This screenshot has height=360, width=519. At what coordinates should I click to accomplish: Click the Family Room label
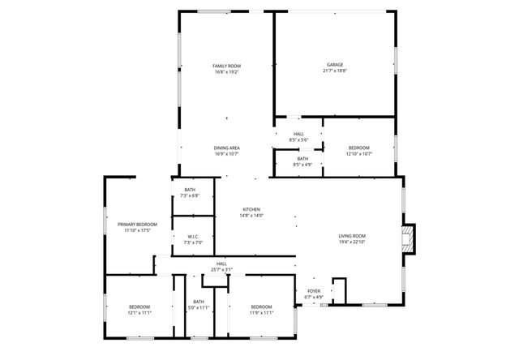[x=227, y=66]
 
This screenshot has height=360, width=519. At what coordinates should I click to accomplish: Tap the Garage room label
[x=335, y=65]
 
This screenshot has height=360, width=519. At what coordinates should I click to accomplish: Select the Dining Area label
[x=227, y=148]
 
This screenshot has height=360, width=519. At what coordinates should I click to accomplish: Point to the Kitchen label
[x=251, y=209]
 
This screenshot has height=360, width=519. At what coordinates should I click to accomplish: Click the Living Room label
[x=352, y=236]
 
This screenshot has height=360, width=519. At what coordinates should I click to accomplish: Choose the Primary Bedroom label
[x=137, y=224]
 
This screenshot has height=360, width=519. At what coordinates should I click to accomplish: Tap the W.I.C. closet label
[x=193, y=237]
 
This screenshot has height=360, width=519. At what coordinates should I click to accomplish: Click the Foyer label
[x=314, y=291]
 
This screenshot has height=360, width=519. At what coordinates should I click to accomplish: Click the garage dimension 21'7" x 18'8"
[x=335, y=71]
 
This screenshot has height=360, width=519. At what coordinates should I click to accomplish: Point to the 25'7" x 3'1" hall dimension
[x=221, y=270]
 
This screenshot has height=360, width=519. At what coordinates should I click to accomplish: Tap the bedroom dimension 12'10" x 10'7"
[x=359, y=154]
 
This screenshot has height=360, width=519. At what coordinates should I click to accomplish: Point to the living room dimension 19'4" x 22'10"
[x=352, y=242]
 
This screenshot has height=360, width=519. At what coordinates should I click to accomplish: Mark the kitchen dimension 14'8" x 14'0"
[x=251, y=216]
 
